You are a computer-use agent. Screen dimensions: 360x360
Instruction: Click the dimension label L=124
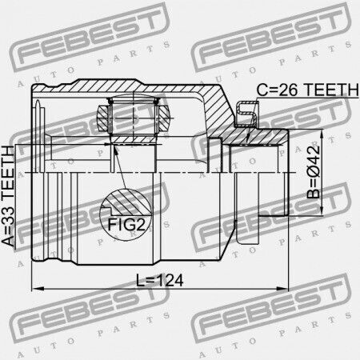tap(160, 280)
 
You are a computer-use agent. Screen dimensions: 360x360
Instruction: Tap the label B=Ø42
tap(313, 172)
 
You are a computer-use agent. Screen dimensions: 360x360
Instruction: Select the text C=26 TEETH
tap(307, 90)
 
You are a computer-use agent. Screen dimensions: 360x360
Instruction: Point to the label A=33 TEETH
tap(8, 196)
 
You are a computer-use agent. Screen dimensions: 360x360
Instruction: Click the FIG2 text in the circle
tap(126, 224)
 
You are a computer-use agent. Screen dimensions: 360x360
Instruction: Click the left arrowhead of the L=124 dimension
tap(38, 289)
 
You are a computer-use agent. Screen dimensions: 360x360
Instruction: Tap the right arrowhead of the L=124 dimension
tap(282, 289)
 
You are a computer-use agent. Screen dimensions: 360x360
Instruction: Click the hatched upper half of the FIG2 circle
tap(126, 202)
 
